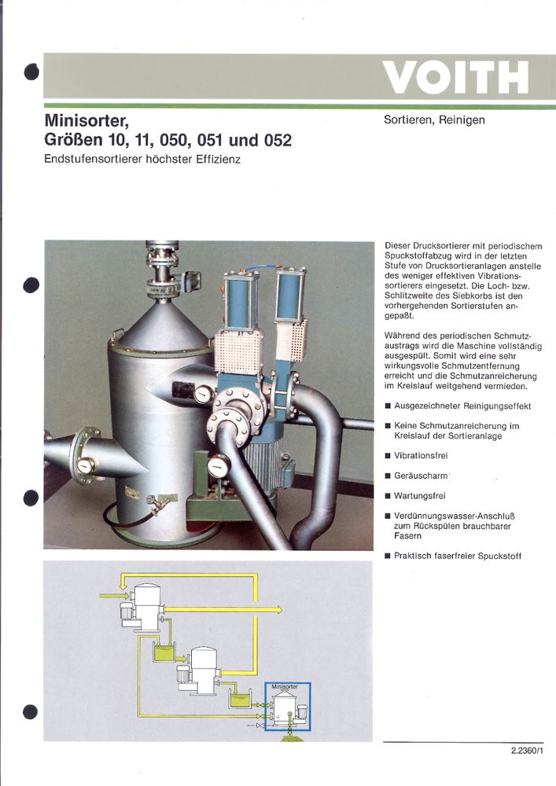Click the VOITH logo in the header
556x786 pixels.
click(455, 77)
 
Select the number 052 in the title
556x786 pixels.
click(272, 141)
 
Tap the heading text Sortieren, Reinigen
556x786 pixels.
click(434, 120)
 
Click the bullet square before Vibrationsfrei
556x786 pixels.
click(388, 456)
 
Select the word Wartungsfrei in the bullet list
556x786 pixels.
click(422, 496)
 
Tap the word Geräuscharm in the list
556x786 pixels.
click(421, 476)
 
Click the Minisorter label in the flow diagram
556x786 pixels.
click(284, 686)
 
